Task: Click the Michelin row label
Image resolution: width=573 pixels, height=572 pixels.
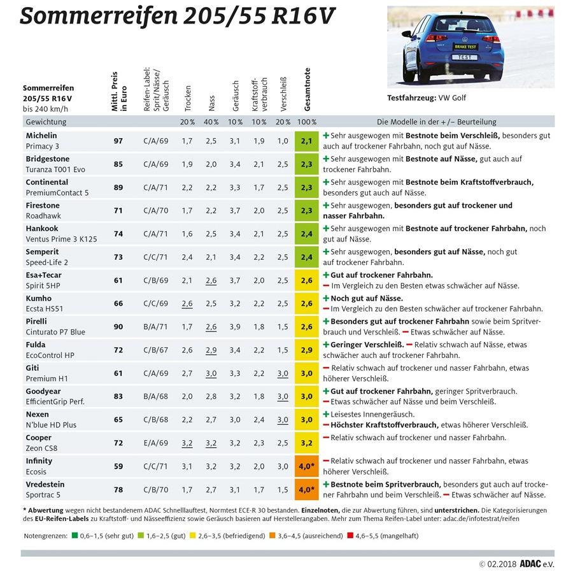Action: tap(41, 141)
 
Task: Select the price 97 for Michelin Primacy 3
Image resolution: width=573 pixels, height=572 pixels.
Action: tap(118, 141)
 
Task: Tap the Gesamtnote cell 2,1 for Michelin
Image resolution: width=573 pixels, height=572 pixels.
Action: tap(306, 141)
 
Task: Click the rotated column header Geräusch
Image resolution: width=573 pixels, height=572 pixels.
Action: tap(236, 96)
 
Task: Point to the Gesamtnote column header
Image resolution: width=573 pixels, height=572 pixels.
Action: tap(306, 89)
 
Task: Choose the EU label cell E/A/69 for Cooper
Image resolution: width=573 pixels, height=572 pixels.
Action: tap(156, 443)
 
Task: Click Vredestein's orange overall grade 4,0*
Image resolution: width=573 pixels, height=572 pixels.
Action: tap(307, 489)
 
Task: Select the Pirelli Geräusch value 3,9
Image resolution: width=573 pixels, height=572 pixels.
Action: tap(236, 327)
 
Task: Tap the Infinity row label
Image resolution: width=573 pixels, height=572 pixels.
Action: tap(39, 466)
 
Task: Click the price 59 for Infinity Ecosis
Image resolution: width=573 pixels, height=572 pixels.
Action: tap(118, 466)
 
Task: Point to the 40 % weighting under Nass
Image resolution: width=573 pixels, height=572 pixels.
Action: tap(211, 122)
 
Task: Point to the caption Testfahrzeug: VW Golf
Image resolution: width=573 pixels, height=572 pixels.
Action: tap(426, 99)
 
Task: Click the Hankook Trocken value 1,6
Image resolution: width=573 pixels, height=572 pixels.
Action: tap(187, 234)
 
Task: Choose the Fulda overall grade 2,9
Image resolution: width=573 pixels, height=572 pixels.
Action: tap(306, 350)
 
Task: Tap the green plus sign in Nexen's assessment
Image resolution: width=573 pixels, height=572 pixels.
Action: tap(326, 414)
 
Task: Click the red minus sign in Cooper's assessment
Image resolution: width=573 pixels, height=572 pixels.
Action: tap(326, 438)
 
